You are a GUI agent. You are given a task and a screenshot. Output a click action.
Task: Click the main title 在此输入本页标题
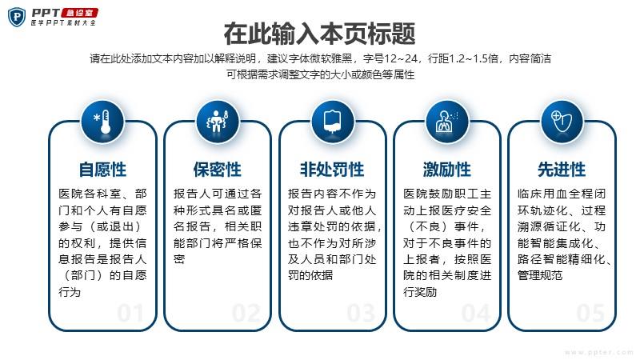coord(319,34)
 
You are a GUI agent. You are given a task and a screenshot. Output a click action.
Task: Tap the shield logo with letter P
coord(17,17)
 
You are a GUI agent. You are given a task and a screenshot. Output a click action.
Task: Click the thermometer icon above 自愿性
coord(102,122)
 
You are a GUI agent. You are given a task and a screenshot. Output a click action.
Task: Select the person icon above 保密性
coord(217,121)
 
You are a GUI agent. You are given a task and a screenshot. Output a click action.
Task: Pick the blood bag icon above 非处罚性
coord(333,122)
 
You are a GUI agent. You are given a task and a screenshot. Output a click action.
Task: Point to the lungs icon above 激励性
coord(447,122)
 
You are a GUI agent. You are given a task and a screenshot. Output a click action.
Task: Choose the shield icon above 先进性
coord(562,122)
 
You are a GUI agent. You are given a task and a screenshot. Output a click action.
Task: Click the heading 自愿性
coord(102,170)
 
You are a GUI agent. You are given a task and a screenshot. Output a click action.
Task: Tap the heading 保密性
coord(217,170)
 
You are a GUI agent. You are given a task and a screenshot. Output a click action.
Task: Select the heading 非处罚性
coord(332,170)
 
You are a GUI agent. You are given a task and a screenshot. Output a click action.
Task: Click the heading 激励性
coord(447,170)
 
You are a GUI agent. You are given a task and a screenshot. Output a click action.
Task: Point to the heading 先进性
coord(562,170)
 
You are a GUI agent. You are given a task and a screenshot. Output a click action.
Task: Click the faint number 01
coord(130,314)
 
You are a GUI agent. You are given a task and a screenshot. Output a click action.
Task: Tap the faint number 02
coord(246,314)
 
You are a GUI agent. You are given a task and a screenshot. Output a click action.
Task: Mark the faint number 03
coord(362,314)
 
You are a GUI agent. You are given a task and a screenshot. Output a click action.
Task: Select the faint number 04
coord(476,314)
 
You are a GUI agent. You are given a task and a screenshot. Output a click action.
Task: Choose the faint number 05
coord(590,314)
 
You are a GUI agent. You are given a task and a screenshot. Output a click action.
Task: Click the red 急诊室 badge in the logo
coord(79,13)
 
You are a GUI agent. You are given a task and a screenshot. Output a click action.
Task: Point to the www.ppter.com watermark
coord(598,352)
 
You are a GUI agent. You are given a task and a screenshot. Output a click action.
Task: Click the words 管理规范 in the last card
coord(540,275)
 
